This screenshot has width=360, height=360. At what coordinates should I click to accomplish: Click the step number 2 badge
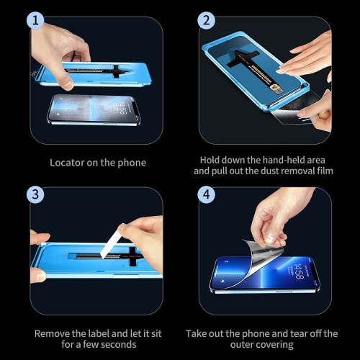[x=207, y=22]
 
